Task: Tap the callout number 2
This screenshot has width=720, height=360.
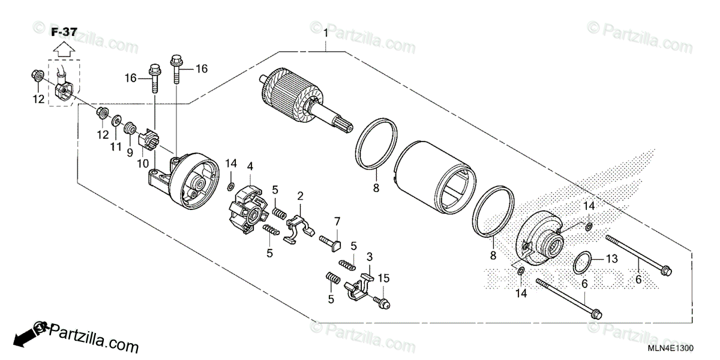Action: (300, 196)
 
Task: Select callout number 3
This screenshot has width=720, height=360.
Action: (370, 256)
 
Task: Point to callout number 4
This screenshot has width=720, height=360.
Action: (250, 166)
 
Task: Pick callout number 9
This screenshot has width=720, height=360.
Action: (129, 152)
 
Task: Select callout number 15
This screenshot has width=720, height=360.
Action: (383, 278)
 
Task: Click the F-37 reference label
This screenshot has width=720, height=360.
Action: (63, 32)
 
